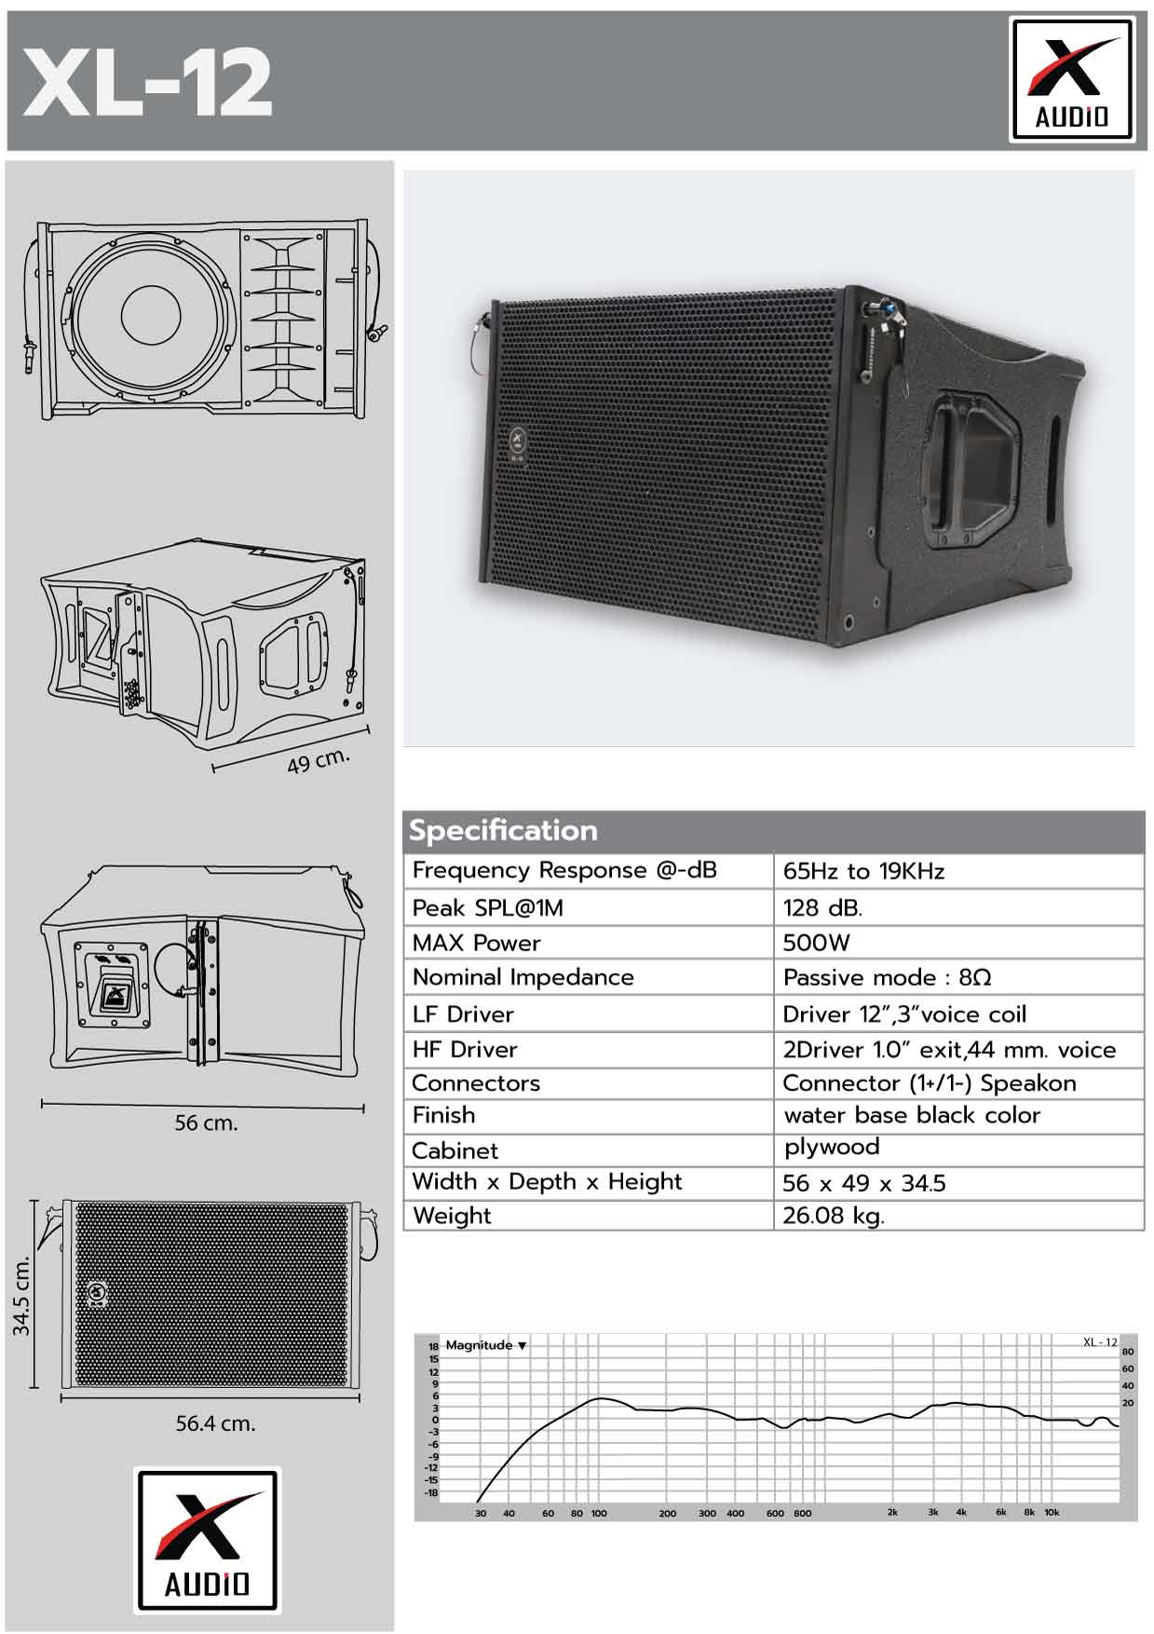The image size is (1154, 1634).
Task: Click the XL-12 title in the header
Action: tap(147, 82)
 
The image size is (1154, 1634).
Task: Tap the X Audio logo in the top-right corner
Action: tap(1072, 80)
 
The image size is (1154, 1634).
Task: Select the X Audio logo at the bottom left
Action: tap(207, 1541)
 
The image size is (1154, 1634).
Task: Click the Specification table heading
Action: tap(503, 830)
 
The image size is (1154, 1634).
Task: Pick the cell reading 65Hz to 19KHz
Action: tap(863, 871)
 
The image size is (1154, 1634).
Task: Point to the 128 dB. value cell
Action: tap(822, 907)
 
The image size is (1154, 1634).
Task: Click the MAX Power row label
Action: tap(476, 943)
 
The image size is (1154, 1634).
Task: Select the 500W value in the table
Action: tap(816, 943)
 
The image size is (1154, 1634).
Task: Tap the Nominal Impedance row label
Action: tap(523, 977)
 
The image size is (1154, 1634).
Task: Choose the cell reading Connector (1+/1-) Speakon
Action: tap(930, 1083)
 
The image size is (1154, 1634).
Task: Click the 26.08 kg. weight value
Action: tap(834, 1216)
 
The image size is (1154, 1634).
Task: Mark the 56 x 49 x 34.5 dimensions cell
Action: tap(864, 1183)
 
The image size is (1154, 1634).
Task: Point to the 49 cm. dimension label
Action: tap(319, 761)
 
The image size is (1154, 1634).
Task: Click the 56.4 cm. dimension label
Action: tap(215, 1423)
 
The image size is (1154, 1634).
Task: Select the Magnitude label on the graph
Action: tap(479, 1345)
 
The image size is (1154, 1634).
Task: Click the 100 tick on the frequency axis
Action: tap(599, 1513)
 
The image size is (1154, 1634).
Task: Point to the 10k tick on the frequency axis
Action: tap(1052, 1512)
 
